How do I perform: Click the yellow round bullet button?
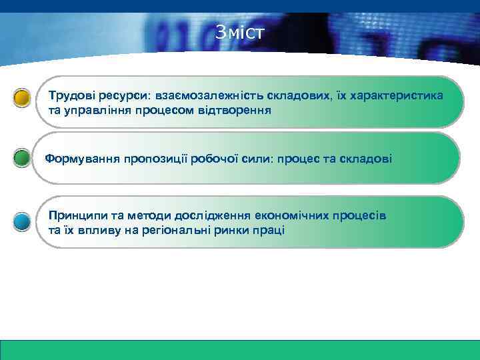tap(22, 98)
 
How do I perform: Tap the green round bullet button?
tap(22, 159)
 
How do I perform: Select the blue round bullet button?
tap(22, 221)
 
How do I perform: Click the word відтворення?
tap(237, 109)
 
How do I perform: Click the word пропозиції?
tap(153, 159)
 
